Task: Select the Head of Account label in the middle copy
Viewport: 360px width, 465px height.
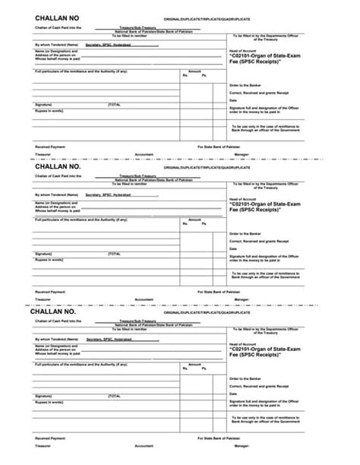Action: coord(242,198)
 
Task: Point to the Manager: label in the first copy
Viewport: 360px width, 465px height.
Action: coord(254,153)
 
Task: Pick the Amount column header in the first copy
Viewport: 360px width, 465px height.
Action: coord(194,70)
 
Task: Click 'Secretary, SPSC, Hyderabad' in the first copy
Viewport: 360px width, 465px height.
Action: coord(108,45)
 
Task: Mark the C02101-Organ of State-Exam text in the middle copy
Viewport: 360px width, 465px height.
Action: coord(267,204)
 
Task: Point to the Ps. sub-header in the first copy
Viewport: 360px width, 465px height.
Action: coord(204,75)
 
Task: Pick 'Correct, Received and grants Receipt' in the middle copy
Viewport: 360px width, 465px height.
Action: coord(258,239)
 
